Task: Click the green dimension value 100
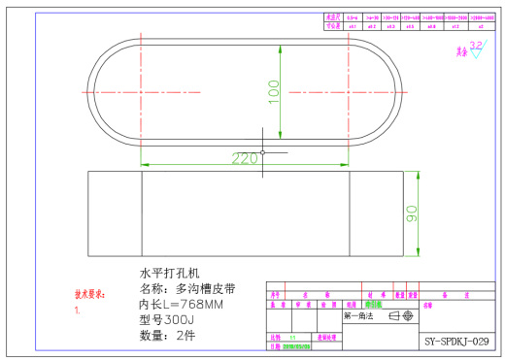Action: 274,90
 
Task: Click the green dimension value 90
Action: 412,214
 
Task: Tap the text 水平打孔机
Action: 170,273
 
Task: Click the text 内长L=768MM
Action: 182,304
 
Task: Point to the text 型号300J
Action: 168,319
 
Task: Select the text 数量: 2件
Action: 168,336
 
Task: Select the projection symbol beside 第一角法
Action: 401,315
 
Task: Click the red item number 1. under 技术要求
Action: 78,311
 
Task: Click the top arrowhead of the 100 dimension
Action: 281,40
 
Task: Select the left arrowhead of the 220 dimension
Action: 145,160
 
